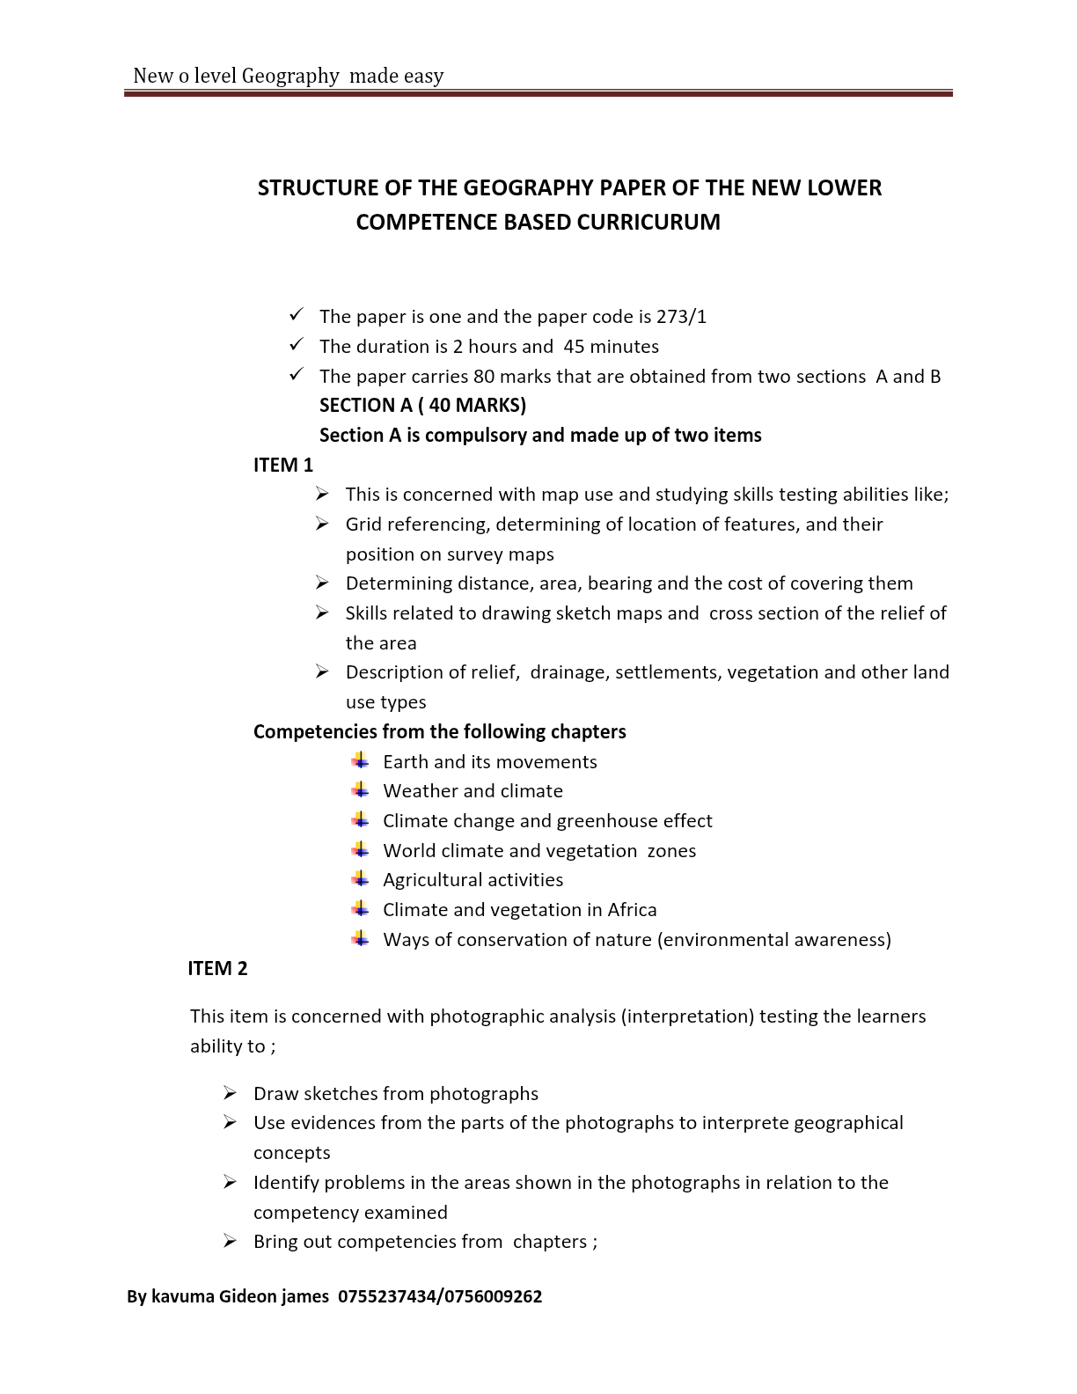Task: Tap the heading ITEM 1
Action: click(282, 465)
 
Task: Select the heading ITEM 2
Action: click(217, 968)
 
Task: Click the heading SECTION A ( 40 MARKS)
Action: click(422, 406)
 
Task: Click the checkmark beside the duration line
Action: click(297, 344)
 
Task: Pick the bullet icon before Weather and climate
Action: click(360, 790)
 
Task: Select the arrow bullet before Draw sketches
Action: click(230, 1093)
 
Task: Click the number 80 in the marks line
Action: click(483, 377)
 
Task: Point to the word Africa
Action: click(631, 910)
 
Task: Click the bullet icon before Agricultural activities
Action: click(360, 879)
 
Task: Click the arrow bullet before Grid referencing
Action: click(322, 525)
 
